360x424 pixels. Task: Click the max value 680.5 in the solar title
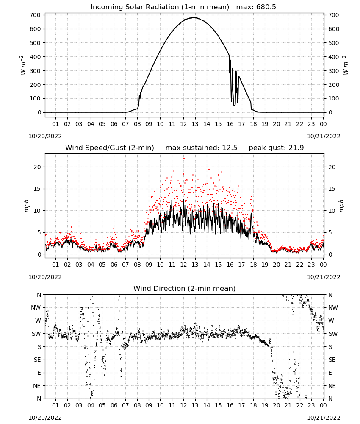click(266, 7)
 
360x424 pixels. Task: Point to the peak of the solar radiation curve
click(194, 17)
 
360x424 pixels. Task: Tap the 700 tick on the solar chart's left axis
click(36, 15)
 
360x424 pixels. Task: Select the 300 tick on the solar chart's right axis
click(334, 71)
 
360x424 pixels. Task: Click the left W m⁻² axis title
click(23, 65)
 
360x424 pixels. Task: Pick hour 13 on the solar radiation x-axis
click(195, 124)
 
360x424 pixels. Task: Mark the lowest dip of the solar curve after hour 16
click(234, 106)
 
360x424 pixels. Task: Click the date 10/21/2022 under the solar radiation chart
click(324, 136)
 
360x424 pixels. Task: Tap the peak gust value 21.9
click(298, 148)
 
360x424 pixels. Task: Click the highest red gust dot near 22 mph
click(184, 159)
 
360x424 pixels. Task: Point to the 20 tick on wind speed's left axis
click(37, 167)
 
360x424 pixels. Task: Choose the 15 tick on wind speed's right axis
click(332, 189)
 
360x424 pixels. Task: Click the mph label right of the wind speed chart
click(341, 206)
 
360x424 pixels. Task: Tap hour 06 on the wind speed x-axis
click(114, 265)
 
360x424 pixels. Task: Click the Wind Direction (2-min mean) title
click(185, 288)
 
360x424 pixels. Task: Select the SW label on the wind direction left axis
click(36, 334)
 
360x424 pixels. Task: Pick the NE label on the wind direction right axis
click(332, 386)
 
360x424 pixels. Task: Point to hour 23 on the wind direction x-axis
click(311, 405)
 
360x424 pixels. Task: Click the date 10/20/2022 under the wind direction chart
click(45, 418)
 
